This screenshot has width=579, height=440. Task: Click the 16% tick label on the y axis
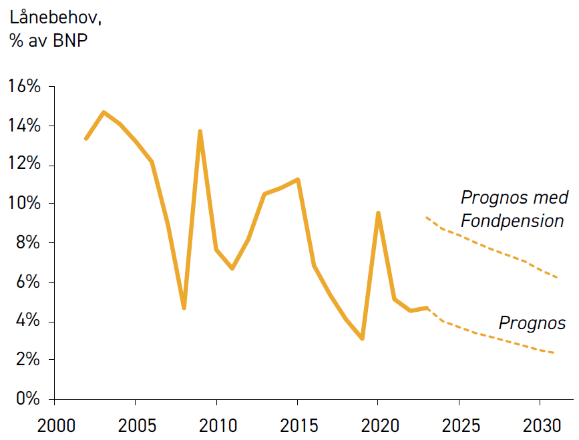24,86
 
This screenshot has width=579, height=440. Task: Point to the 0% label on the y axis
28,399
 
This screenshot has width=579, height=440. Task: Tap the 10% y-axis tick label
24,203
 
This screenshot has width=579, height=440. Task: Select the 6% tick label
28,282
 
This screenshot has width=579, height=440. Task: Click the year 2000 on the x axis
56,425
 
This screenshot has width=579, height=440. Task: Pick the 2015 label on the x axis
299,425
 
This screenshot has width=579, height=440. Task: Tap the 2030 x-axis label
542,425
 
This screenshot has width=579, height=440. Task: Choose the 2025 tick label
461,425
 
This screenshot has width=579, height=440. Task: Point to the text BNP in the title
70,40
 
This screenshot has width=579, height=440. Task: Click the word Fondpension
512,221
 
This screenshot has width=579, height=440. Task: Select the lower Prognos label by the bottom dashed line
532,323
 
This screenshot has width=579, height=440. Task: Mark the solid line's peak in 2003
104,112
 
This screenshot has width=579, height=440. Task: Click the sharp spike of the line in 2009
200,132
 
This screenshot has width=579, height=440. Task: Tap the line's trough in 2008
184,308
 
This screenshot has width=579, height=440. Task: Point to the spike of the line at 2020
378,214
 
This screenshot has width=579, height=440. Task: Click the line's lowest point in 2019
362,338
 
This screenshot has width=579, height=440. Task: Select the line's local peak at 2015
298,180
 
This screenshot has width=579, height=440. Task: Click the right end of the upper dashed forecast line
556,277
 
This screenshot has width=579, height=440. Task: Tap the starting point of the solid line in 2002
86,138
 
